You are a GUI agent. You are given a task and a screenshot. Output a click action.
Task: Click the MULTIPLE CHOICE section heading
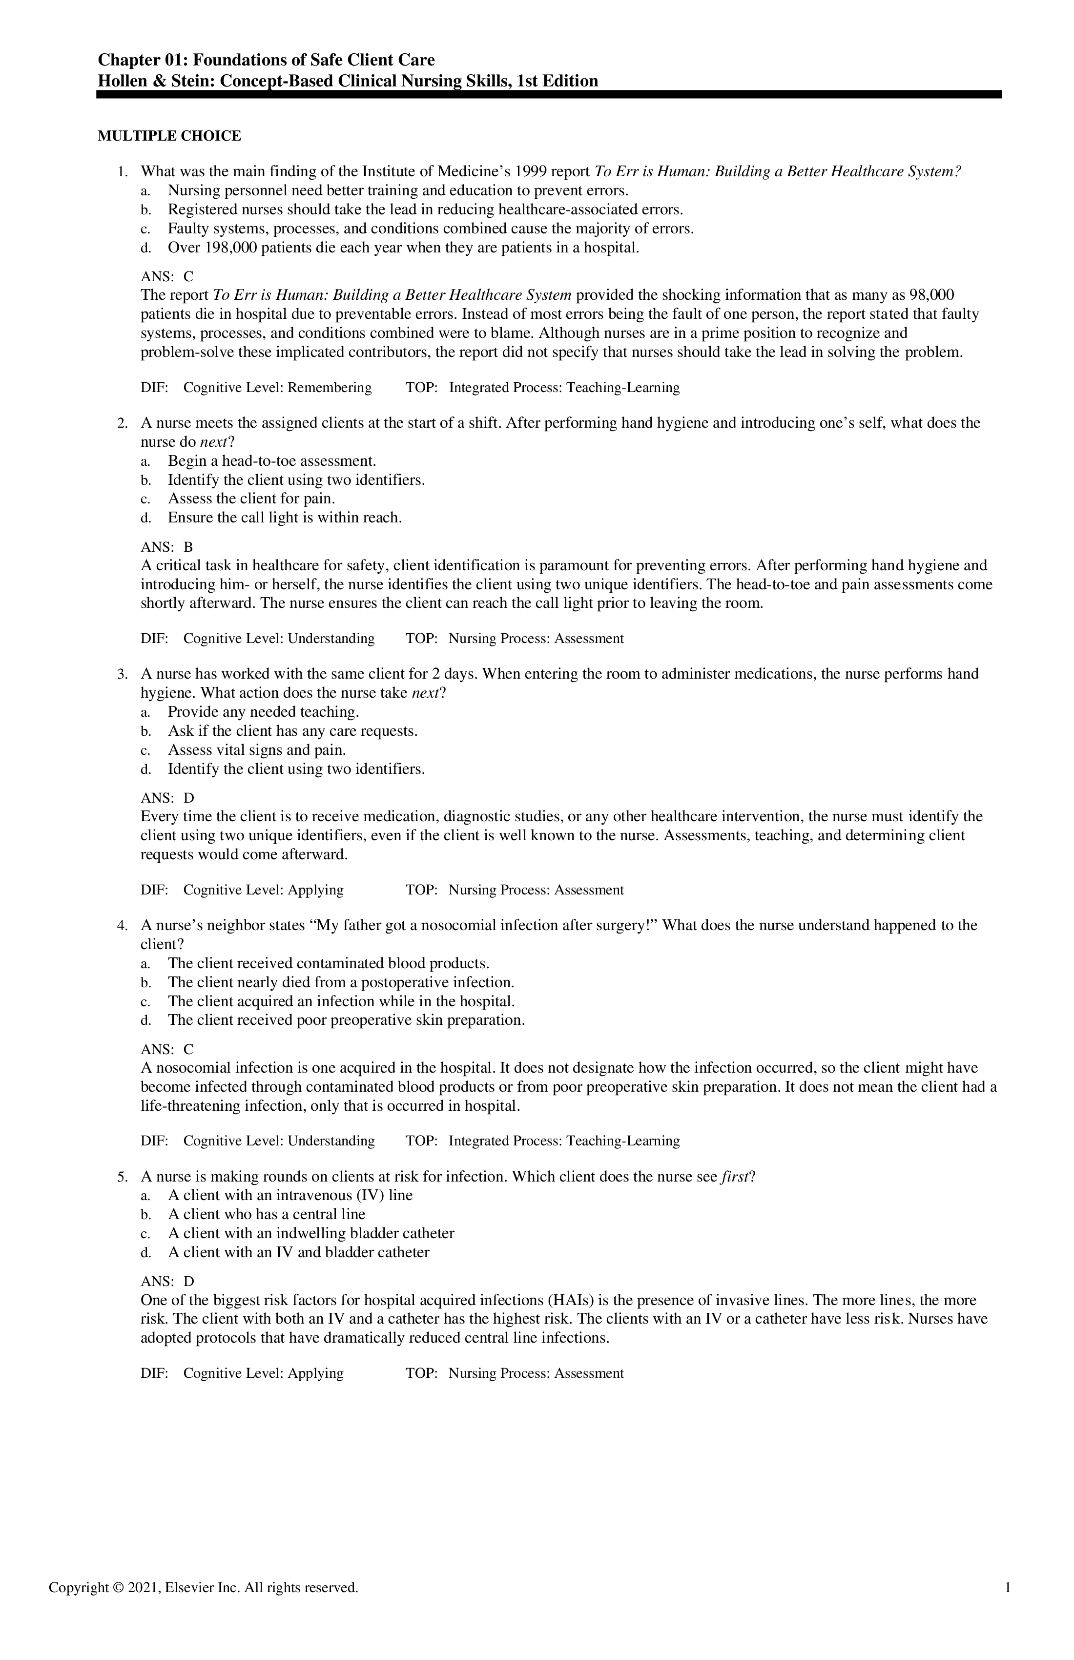click(x=169, y=136)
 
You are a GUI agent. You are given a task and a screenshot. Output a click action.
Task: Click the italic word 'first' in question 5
click(x=734, y=1177)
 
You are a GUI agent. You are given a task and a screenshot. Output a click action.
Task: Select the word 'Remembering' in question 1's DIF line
click(x=330, y=388)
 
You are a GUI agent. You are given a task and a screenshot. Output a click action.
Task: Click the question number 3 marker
click(x=122, y=674)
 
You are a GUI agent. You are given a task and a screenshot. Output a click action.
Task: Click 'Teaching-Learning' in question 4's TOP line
click(x=623, y=1141)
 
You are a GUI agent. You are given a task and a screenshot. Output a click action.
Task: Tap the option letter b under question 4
click(x=145, y=983)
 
